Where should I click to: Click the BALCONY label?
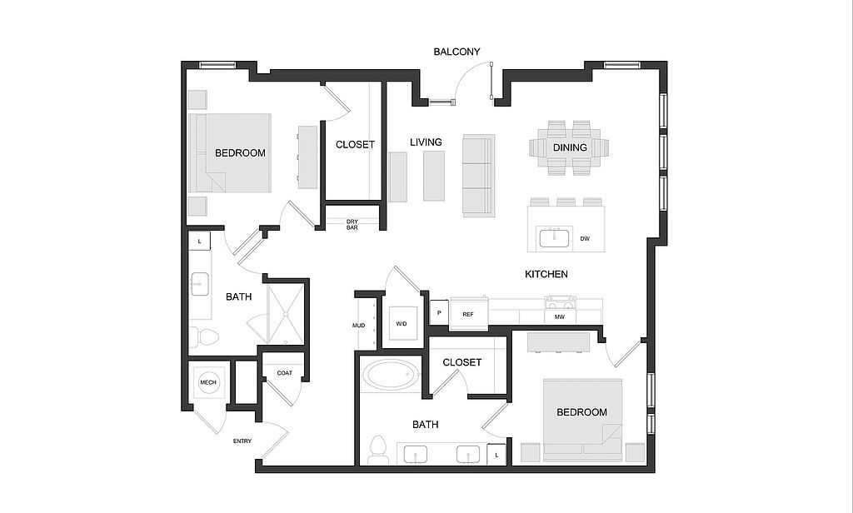point(457,52)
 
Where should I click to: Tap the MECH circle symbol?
point(208,383)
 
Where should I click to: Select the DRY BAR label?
point(352,224)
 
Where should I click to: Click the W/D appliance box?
point(402,323)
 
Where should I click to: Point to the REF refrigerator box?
point(468,314)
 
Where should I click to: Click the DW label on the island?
point(585,239)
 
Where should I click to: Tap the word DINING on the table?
point(570,147)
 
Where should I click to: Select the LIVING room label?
point(426,142)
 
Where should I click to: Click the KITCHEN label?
point(546,274)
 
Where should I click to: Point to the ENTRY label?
point(242,441)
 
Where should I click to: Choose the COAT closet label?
point(284,373)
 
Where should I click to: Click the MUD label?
point(358,325)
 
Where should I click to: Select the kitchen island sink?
point(554,238)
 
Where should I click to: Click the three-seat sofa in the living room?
point(478,175)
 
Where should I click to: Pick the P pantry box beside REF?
point(438,313)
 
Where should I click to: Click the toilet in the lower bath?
point(379,449)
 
